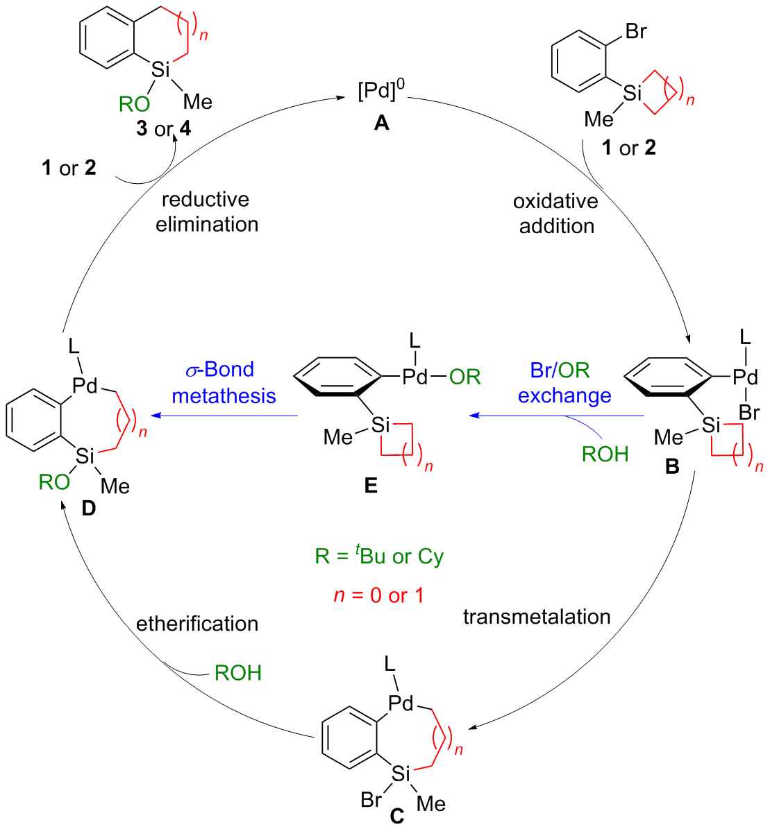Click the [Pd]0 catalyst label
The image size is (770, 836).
381,91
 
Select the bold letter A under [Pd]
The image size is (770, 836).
381,123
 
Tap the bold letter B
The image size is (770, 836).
672,466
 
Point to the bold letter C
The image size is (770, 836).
396,817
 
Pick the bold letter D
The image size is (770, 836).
88,509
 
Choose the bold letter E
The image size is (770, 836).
371,486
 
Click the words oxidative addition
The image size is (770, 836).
556,213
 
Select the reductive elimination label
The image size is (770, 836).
206,212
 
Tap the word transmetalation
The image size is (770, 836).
537,616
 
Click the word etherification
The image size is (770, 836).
197,623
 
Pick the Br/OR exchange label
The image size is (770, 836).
564,382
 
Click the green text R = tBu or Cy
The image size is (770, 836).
379,556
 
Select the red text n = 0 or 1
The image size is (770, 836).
378,595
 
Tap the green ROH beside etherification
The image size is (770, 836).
237,672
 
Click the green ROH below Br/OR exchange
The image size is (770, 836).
605,454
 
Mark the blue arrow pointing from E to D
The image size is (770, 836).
226,416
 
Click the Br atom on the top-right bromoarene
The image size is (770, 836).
635,31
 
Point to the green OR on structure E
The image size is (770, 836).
464,377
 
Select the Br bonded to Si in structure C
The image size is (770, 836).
371,799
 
